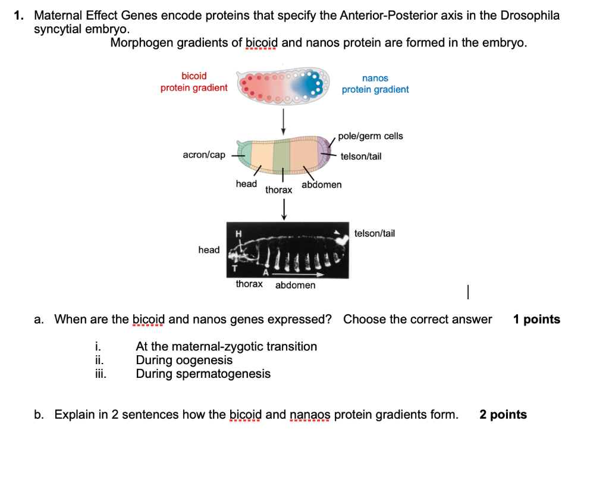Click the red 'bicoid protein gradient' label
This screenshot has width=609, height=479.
click(x=194, y=82)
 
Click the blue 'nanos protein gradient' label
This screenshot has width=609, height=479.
click(x=375, y=84)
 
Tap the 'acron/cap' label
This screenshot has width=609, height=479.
click(x=204, y=155)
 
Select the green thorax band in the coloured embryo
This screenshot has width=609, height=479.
click(x=281, y=154)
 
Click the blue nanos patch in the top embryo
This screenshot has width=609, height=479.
click(x=310, y=87)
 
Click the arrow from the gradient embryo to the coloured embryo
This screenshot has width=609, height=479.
click(x=283, y=121)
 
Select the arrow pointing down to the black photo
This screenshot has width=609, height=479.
click(x=284, y=209)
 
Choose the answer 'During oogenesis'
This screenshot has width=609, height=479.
click(x=184, y=360)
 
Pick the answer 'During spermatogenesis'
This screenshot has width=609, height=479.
click(x=203, y=374)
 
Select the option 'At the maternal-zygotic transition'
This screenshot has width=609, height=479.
click(x=226, y=346)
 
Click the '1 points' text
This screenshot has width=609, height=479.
click(x=536, y=320)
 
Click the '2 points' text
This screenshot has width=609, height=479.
click(x=503, y=415)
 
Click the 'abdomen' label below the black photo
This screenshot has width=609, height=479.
click(x=295, y=285)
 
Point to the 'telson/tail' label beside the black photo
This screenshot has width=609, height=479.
click(x=374, y=234)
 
